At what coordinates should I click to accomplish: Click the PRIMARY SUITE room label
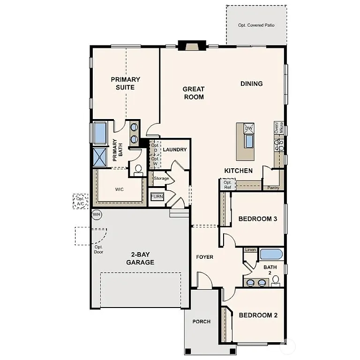pos(125,83)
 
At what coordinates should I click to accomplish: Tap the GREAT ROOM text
pos(193,93)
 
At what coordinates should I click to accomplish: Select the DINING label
pos(251,83)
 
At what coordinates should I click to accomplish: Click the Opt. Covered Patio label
pos(256,25)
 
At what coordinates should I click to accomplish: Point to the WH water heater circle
pos(97,215)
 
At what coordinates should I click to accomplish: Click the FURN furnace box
pos(157,197)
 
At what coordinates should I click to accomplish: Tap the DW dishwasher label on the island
pos(249,128)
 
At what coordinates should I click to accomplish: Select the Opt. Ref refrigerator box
pos(228,185)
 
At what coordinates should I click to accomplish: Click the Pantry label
pos(273,188)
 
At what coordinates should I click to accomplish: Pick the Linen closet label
pos(250,250)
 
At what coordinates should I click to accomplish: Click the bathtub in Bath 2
pos(271,255)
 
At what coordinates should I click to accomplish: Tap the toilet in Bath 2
pos(276,280)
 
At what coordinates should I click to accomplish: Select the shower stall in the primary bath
pos(100,157)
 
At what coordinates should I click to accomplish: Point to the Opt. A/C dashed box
pos(80,201)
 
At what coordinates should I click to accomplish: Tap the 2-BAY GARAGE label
pos(140,259)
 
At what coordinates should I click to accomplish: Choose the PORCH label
pos(201,322)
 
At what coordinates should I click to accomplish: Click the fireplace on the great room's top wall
pos(192,46)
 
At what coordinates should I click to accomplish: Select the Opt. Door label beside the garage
pos(98,249)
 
